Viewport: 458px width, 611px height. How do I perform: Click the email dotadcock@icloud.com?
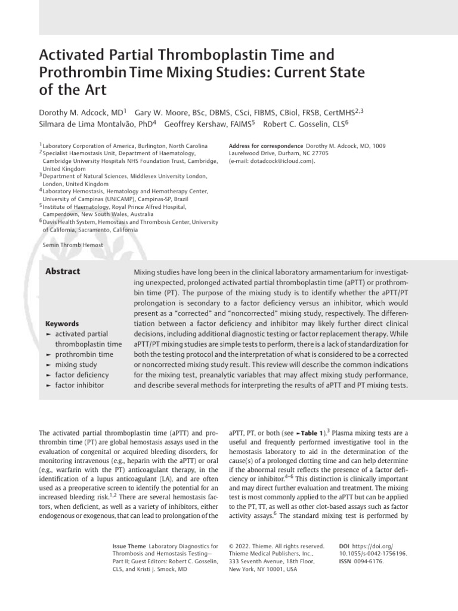click(x=275, y=161)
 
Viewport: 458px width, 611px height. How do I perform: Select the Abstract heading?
click(x=63, y=271)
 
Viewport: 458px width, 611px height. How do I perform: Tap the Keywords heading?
click(x=63, y=324)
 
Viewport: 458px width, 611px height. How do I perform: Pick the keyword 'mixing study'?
click(x=76, y=364)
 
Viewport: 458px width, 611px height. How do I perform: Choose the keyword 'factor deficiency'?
click(x=82, y=375)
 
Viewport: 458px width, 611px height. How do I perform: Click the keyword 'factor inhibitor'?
click(x=79, y=385)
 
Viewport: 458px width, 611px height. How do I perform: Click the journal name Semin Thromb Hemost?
click(x=73, y=245)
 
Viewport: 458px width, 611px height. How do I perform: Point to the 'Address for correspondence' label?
click(x=265, y=146)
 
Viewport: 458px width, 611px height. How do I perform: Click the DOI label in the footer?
click(x=343, y=546)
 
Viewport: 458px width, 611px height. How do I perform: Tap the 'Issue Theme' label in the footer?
click(x=129, y=546)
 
